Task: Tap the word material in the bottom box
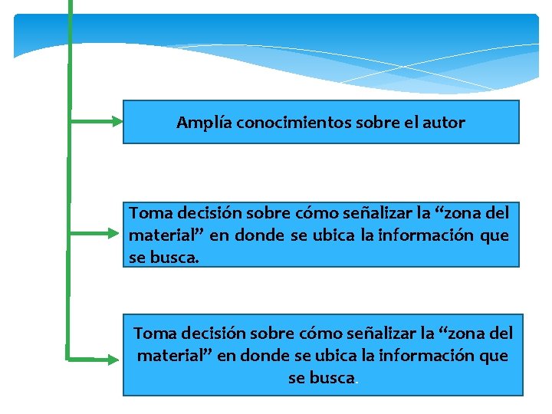click(169, 356)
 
